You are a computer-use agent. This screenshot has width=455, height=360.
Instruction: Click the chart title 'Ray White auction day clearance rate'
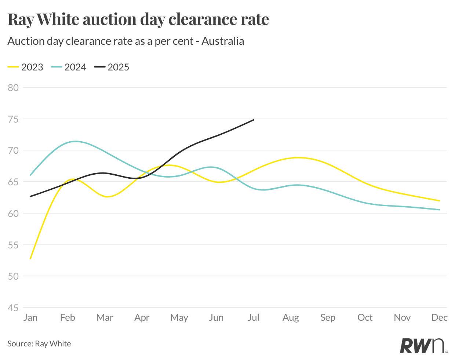click(138, 19)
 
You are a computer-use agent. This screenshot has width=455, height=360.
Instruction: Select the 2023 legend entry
click(26, 67)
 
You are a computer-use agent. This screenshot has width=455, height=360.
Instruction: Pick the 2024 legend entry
click(69, 67)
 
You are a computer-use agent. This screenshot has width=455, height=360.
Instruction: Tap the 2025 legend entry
click(112, 67)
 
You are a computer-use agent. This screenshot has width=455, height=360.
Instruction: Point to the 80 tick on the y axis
click(13, 87)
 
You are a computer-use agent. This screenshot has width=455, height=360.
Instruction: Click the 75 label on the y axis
click(13, 119)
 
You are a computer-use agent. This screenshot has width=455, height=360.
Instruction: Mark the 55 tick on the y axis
click(13, 245)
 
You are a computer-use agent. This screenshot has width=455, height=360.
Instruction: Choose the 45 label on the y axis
click(13, 308)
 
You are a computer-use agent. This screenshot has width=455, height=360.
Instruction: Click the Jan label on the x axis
click(30, 317)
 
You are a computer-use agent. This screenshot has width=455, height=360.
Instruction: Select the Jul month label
click(254, 317)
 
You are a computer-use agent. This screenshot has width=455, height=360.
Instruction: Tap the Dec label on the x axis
click(440, 317)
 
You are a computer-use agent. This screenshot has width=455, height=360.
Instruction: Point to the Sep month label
click(328, 317)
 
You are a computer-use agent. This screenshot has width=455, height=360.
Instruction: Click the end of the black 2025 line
click(254, 120)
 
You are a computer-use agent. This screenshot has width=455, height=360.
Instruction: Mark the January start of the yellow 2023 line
click(30, 258)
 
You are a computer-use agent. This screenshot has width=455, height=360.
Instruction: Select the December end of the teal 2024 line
click(439, 210)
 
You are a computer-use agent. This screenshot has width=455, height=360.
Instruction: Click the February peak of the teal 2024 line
click(75, 141)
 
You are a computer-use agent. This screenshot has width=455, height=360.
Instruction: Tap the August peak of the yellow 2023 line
click(299, 157)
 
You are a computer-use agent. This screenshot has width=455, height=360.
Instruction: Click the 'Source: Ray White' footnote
click(39, 344)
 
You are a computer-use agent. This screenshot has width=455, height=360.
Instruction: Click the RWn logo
click(423, 345)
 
